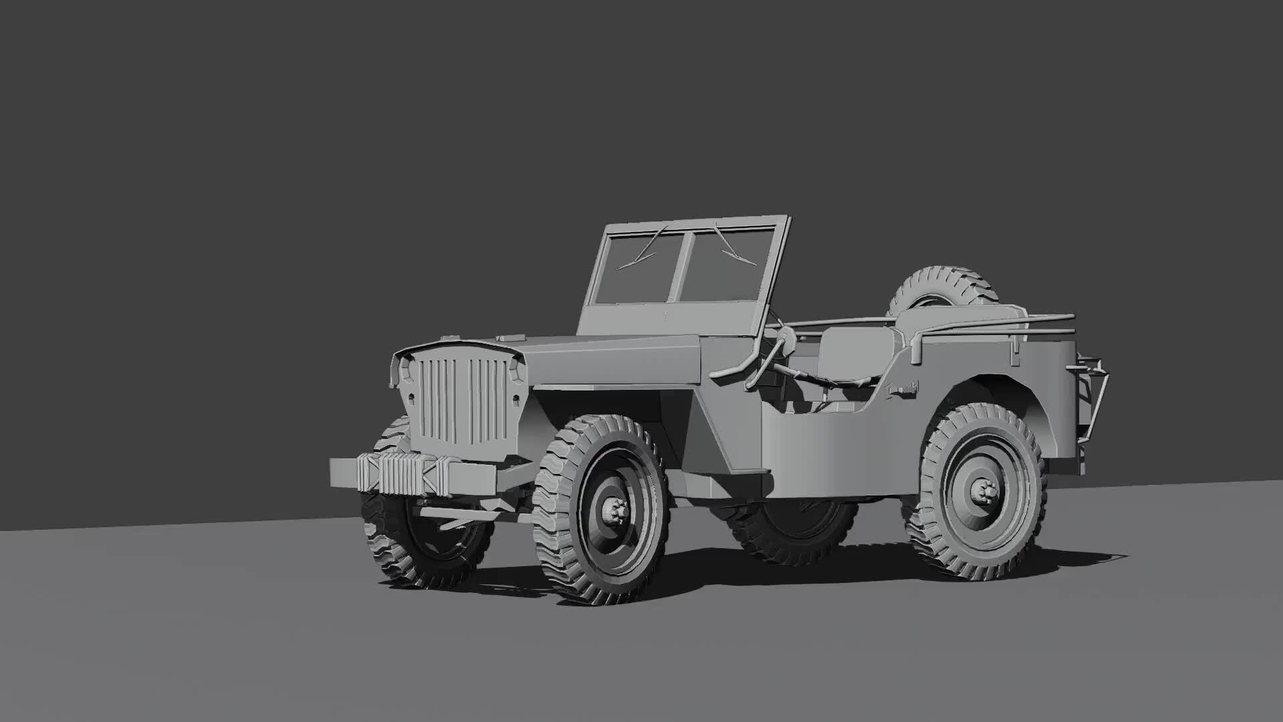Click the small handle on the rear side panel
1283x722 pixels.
pyautogui.click(x=905, y=388)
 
